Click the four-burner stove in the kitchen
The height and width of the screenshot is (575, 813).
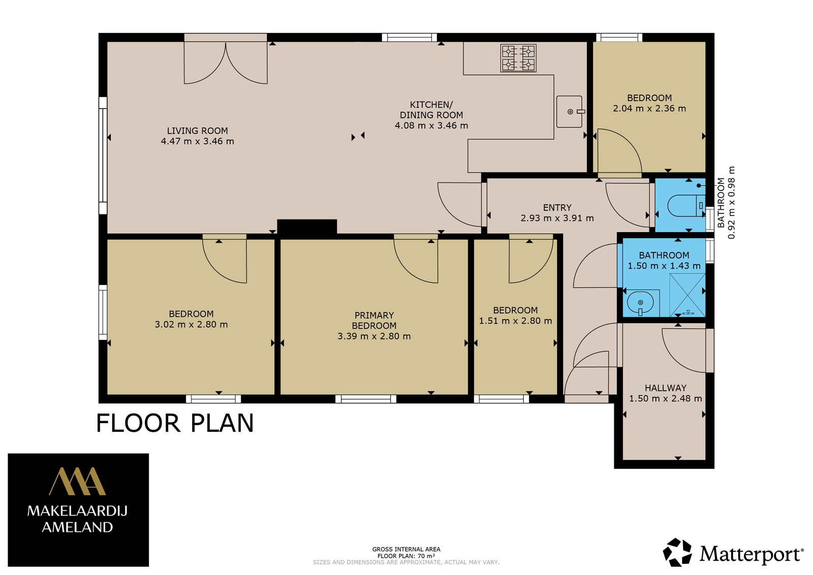pos(518,58)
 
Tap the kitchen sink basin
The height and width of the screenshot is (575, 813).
pos(569,112)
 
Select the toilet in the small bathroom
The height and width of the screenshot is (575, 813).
pos(686,206)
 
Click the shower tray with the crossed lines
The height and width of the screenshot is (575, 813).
pos(687,295)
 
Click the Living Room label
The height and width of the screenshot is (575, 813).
pos(198,131)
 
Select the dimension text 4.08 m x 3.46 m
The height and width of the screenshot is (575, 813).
pos(431,125)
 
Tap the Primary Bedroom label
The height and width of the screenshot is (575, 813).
pos(374,321)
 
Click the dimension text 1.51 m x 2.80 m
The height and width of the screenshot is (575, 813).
pos(515,321)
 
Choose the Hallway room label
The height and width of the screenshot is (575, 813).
pos(666,388)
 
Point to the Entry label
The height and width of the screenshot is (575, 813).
pos(557,208)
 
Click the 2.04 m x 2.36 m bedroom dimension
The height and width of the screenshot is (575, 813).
pos(649,109)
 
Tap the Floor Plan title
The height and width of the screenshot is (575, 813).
pos(175,423)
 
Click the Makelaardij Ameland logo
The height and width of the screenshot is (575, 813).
pos(78,509)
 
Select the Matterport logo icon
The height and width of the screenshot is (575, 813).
pos(677,552)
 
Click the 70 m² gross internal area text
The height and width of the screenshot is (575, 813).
pos(406,556)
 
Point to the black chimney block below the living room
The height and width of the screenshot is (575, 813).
pos(307,227)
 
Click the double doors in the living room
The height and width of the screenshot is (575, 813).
pos(226,62)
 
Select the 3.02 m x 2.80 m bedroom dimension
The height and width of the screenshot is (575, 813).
pos(191,324)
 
